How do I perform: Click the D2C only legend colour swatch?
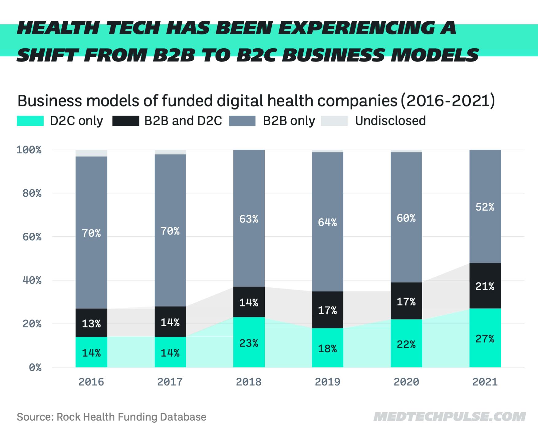(x=30, y=121)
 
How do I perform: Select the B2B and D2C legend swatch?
(x=126, y=121)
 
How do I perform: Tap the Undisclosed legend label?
(x=390, y=121)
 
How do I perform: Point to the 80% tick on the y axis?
(x=32, y=193)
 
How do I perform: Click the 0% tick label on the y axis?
(x=35, y=367)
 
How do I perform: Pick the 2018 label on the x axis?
(x=249, y=382)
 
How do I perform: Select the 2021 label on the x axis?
(x=485, y=382)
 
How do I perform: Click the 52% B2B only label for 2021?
(x=485, y=207)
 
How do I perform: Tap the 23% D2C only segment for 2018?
(x=249, y=342)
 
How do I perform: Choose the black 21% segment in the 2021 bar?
(x=485, y=286)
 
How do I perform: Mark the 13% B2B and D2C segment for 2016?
(x=91, y=323)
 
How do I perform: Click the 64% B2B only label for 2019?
(x=327, y=222)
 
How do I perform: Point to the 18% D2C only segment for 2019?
(x=327, y=348)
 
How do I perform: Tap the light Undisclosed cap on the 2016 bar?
(x=91, y=153)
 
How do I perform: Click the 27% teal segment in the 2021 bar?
(x=485, y=338)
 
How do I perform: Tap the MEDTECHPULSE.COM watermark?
(x=449, y=417)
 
